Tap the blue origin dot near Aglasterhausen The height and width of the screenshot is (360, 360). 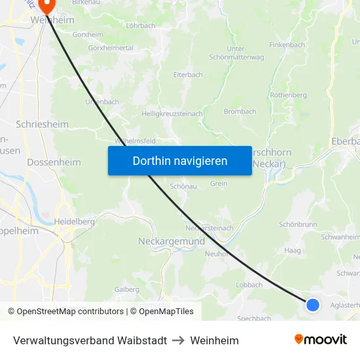tap(313, 304)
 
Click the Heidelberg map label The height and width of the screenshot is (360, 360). tap(76, 222)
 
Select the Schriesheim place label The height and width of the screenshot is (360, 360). tap(42, 124)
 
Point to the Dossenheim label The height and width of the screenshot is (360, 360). tap(54, 162)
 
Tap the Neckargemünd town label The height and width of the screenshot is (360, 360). tap(171, 241)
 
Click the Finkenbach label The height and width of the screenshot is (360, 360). tap(287, 45)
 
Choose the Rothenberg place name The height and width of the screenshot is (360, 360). tap(288, 95)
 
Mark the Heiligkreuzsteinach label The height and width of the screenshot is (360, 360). tap(172, 113)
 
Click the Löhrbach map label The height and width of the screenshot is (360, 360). tap(141, 26)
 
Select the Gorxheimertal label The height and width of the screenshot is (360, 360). tap(111, 48)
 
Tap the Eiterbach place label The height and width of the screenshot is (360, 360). tap(188, 75)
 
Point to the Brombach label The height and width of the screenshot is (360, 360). tap(240, 111)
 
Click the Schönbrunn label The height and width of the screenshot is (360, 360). tap(298, 224)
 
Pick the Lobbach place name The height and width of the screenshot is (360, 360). tap(249, 285)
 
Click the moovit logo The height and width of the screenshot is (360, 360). tap(321, 339)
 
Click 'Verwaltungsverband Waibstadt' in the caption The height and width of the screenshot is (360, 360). tap(90, 340)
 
